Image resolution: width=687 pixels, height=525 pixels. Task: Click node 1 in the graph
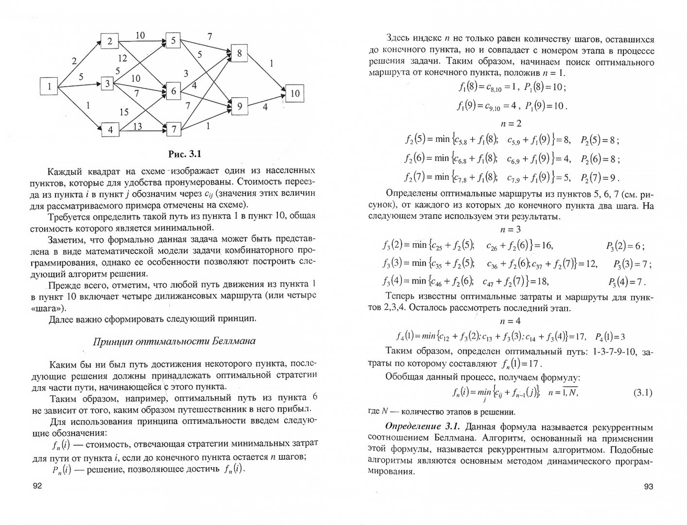click(x=49, y=87)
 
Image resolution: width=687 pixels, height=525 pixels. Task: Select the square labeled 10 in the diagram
click(x=295, y=93)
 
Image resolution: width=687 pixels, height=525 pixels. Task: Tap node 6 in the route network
click(x=173, y=90)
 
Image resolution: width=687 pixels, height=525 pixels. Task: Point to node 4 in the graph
click(x=110, y=130)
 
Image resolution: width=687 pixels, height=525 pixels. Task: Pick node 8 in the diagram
click(x=239, y=53)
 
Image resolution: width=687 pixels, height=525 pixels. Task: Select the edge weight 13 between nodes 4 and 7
click(x=137, y=126)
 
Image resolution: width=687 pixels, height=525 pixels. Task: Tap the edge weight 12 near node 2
click(x=122, y=58)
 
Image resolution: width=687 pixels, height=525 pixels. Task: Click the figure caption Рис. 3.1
click(x=184, y=154)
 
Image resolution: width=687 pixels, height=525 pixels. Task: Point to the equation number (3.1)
click(x=643, y=392)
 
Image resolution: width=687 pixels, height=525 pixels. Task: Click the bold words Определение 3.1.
click(x=422, y=427)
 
